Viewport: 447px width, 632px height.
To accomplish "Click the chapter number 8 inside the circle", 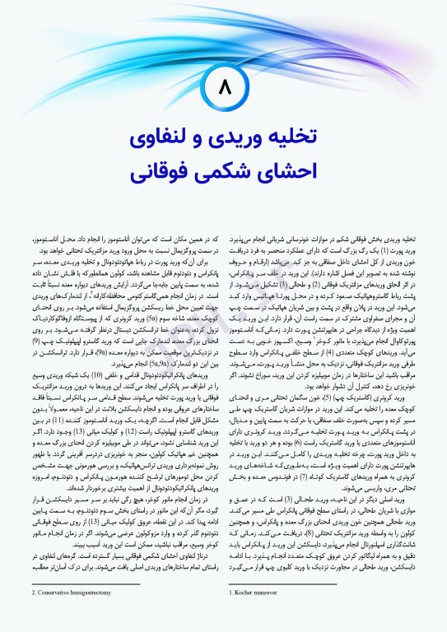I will (224, 84).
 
